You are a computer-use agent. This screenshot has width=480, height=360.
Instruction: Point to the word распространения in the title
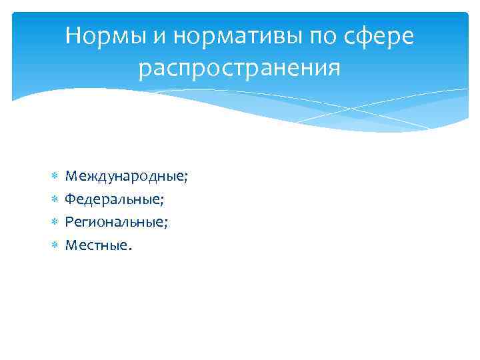point(239,68)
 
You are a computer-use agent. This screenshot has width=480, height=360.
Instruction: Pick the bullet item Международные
point(125,176)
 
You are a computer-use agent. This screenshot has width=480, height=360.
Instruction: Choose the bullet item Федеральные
point(114,199)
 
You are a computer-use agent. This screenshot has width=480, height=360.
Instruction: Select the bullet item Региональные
point(115,221)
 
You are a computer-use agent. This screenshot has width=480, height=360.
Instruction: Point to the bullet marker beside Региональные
point(55,222)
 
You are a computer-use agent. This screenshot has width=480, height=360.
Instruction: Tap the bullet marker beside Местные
point(55,245)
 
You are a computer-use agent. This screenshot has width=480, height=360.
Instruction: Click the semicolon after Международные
point(186,178)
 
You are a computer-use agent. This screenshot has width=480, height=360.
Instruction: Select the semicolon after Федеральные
point(163,200)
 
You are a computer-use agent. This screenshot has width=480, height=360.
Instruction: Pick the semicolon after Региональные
point(166,223)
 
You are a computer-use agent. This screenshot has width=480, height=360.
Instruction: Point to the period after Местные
point(130,248)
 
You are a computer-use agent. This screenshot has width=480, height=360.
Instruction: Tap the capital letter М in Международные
point(70,176)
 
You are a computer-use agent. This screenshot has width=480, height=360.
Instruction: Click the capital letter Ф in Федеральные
point(69,199)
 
